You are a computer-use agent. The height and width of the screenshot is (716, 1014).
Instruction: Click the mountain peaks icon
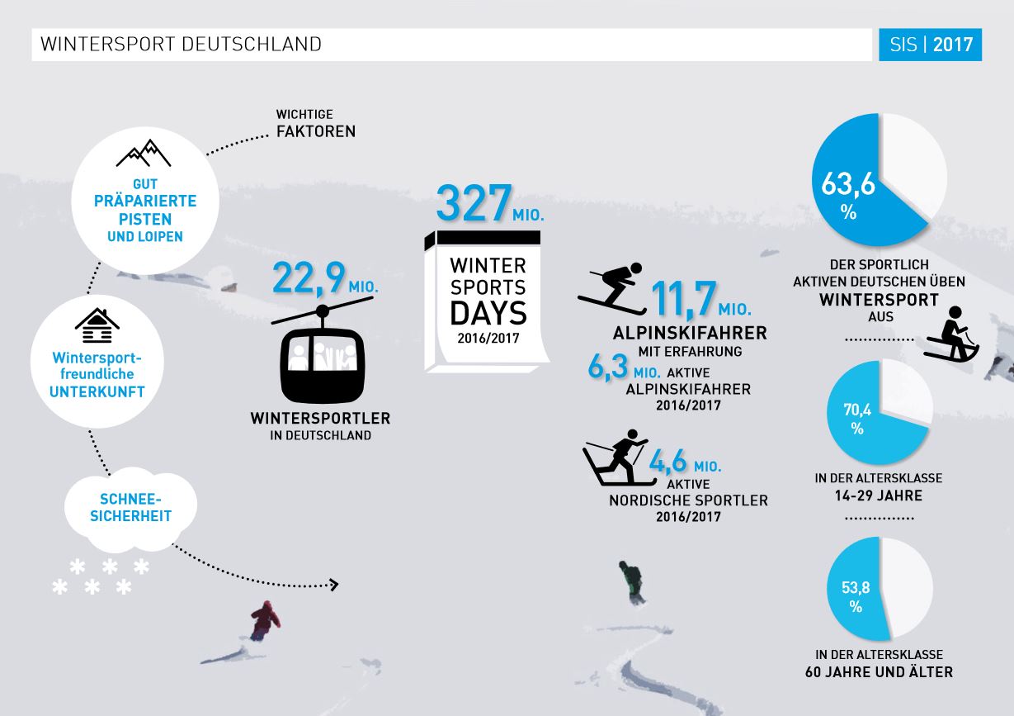(x=144, y=153)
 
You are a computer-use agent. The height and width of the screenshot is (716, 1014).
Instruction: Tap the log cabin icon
(x=97, y=325)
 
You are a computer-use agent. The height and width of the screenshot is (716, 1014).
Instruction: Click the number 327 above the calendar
(x=474, y=202)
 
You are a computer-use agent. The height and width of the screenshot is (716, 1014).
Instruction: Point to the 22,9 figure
(x=309, y=278)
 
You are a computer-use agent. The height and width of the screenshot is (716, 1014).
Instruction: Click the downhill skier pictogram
(x=612, y=288)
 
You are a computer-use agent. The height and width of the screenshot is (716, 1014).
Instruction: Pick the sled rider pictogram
(x=953, y=334)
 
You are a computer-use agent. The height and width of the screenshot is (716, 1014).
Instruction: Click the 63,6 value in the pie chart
(x=848, y=184)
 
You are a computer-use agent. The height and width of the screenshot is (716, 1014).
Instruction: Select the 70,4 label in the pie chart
(x=857, y=410)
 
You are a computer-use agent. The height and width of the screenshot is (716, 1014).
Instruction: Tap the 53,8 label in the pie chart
(x=856, y=588)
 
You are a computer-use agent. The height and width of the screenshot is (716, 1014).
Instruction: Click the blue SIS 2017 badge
(x=930, y=45)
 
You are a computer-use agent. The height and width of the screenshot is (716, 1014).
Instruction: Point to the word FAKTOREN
(x=316, y=131)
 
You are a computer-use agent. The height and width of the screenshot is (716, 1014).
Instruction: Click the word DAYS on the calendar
(x=488, y=313)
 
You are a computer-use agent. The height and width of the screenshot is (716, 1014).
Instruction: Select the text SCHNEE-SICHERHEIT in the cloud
(x=131, y=508)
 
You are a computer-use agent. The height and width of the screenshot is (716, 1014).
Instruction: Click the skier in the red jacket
(x=266, y=620)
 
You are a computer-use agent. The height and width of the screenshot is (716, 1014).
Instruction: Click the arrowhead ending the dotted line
(x=334, y=585)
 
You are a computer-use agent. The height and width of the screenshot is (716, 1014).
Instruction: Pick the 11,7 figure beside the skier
(x=683, y=298)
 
